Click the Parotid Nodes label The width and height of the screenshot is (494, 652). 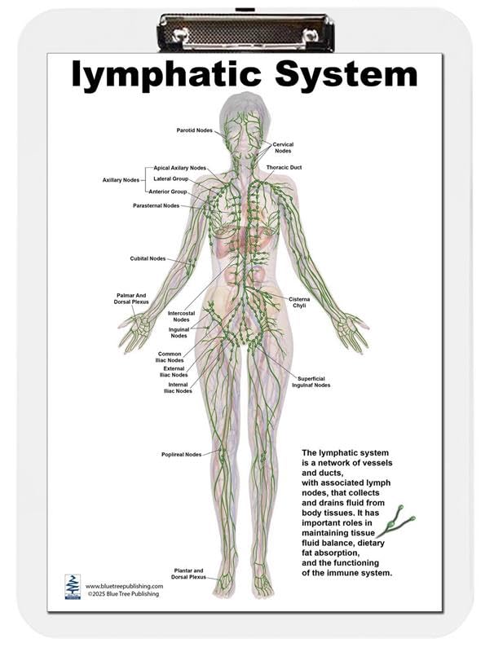(195, 130)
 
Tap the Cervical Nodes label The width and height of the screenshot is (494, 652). (283, 148)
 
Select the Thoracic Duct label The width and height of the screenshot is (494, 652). (284, 167)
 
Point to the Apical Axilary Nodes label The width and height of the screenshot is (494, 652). (180, 168)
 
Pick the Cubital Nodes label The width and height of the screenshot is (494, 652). (148, 258)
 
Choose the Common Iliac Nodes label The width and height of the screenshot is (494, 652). (170, 357)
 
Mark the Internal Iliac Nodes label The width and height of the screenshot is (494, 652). (179, 387)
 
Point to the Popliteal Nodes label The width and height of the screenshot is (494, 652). (182, 454)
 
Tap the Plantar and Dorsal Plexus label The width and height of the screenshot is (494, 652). (188, 573)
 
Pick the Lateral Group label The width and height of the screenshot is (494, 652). (170, 178)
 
